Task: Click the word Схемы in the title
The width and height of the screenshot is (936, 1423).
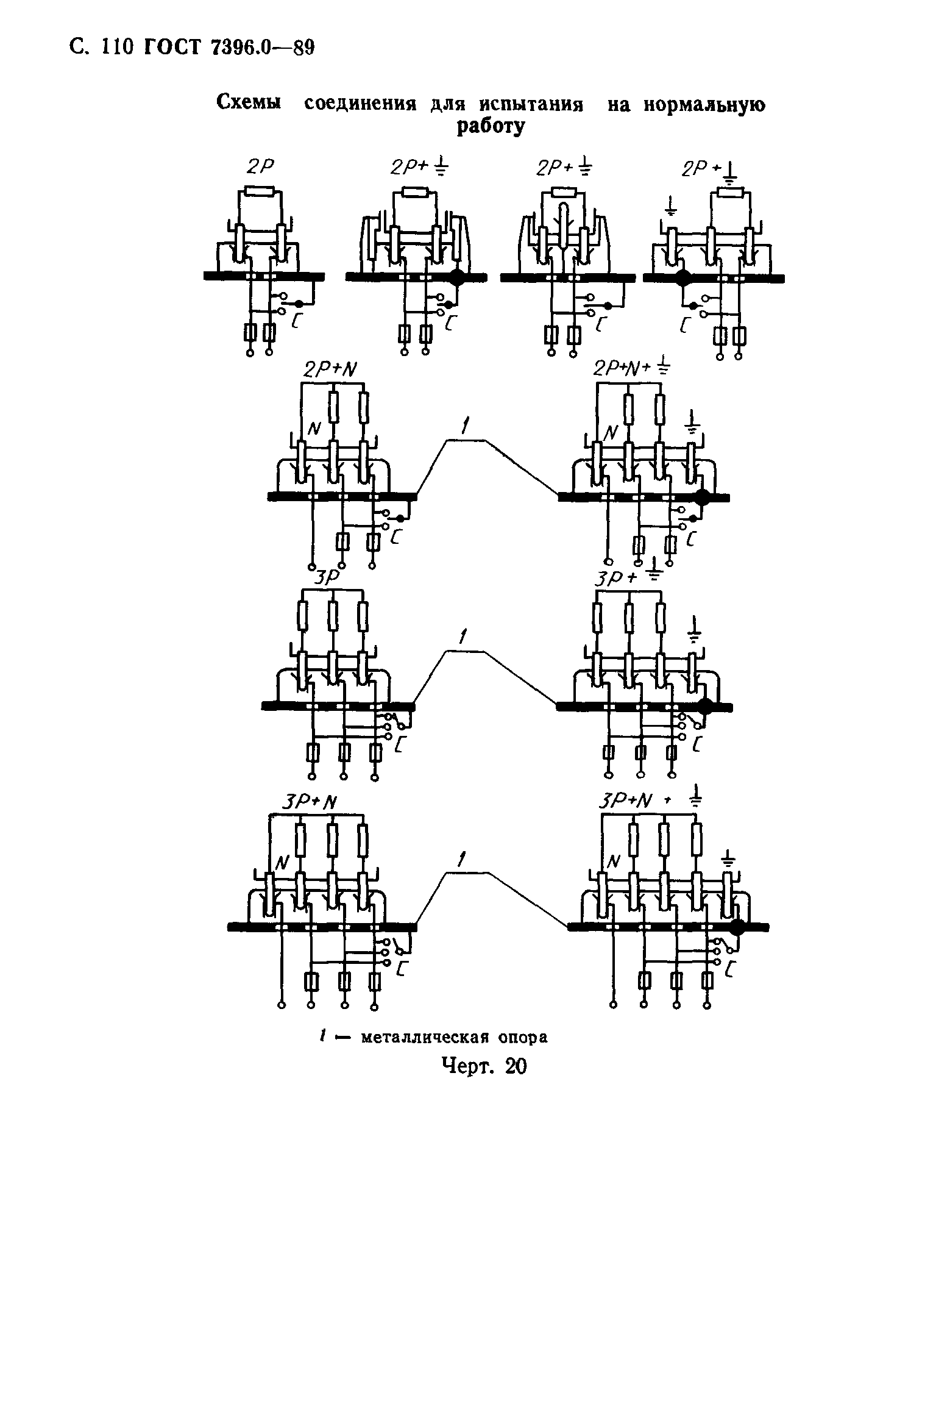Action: coord(249,104)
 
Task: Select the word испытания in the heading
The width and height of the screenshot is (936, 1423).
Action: coord(530,105)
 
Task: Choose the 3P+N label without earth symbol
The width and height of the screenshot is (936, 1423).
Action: coord(310,804)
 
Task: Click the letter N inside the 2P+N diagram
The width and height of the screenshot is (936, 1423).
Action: coord(314,429)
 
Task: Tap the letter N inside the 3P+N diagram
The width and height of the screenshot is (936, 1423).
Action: coord(282,862)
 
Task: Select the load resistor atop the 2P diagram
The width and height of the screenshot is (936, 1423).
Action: coord(260,191)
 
